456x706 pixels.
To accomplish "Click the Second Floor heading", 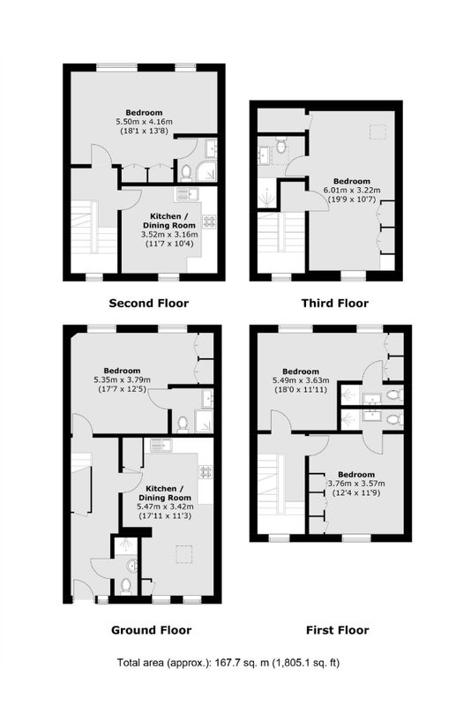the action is point(148,304).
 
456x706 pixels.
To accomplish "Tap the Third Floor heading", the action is point(335,304).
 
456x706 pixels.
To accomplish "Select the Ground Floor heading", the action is point(151,630).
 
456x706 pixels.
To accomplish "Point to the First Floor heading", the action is point(338,630).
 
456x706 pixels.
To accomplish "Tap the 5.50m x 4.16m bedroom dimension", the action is point(144,122).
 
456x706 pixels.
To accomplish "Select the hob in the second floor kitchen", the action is point(209,222).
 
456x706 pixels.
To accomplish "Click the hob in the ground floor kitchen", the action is point(206,472).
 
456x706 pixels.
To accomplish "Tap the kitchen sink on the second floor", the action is point(188,194).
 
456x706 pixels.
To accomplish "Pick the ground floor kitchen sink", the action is point(161,446).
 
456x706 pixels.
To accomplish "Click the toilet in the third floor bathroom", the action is point(281,146).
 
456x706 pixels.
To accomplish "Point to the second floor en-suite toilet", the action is point(185,172).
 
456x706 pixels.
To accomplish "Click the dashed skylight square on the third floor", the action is point(378,131).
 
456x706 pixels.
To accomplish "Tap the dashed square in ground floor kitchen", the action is point(183,554).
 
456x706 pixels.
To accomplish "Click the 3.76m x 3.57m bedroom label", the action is point(356,484).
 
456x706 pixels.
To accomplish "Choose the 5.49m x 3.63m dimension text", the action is point(301,380).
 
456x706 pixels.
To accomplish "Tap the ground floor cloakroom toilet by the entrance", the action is point(125,586).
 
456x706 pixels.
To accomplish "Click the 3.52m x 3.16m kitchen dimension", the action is point(169,235).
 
